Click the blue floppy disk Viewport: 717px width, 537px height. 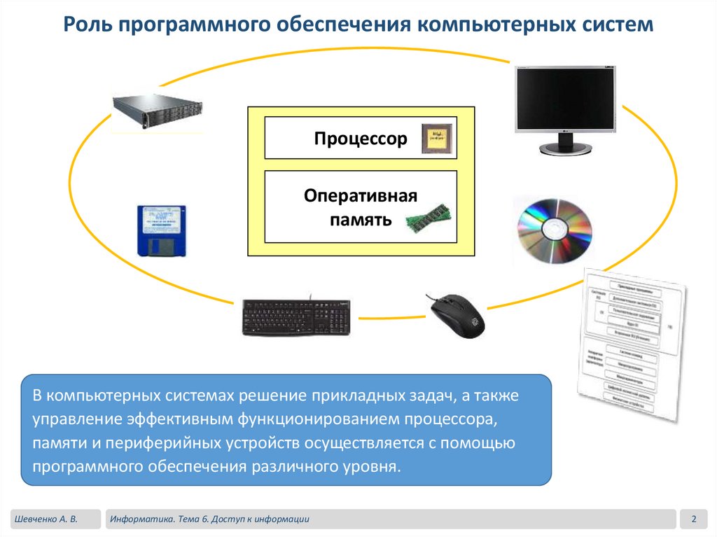pos(161,231)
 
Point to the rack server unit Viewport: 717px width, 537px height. pos(158,111)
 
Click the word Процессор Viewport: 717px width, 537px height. pos(360,139)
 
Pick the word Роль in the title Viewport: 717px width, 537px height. pos(87,26)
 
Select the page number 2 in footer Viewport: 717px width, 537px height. pos(693,519)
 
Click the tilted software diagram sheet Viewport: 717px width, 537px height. pos(630,343)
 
